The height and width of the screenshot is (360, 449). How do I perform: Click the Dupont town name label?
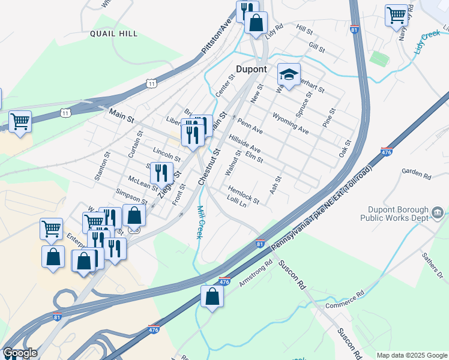(251, 69)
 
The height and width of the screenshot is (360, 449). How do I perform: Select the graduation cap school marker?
(289, 75)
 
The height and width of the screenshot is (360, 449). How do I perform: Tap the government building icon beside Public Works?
(437, 212)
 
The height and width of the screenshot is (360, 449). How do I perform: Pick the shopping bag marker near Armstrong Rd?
(212, 296)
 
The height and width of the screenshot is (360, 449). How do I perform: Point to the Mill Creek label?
(200, 222)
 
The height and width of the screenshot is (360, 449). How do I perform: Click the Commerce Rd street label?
(345, 301)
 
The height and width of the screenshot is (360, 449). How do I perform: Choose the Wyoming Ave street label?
(291, 122)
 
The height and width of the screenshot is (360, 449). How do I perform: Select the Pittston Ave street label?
(217, 37)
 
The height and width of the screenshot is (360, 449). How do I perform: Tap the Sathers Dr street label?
(431, 263)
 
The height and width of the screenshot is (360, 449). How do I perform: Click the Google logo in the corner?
(20, 353)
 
